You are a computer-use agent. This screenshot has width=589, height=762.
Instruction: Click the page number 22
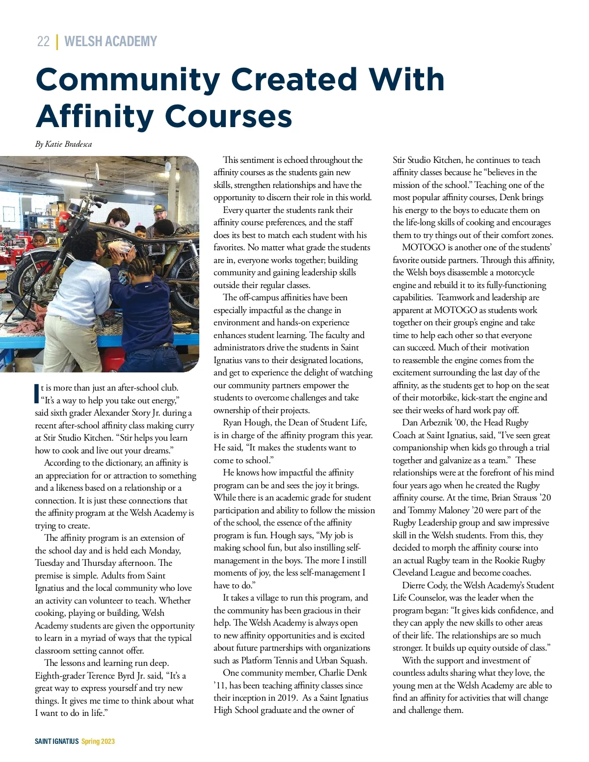pos(43,41)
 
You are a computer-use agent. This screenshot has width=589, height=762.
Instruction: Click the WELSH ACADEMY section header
pos(110,41)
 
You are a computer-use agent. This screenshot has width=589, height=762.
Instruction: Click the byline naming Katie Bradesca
pos(63,144)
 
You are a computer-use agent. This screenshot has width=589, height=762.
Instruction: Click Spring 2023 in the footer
pos(98,741)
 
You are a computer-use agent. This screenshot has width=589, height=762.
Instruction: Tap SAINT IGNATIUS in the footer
pos(56,741)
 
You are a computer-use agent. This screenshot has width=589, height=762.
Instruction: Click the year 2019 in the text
pos(286,698)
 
